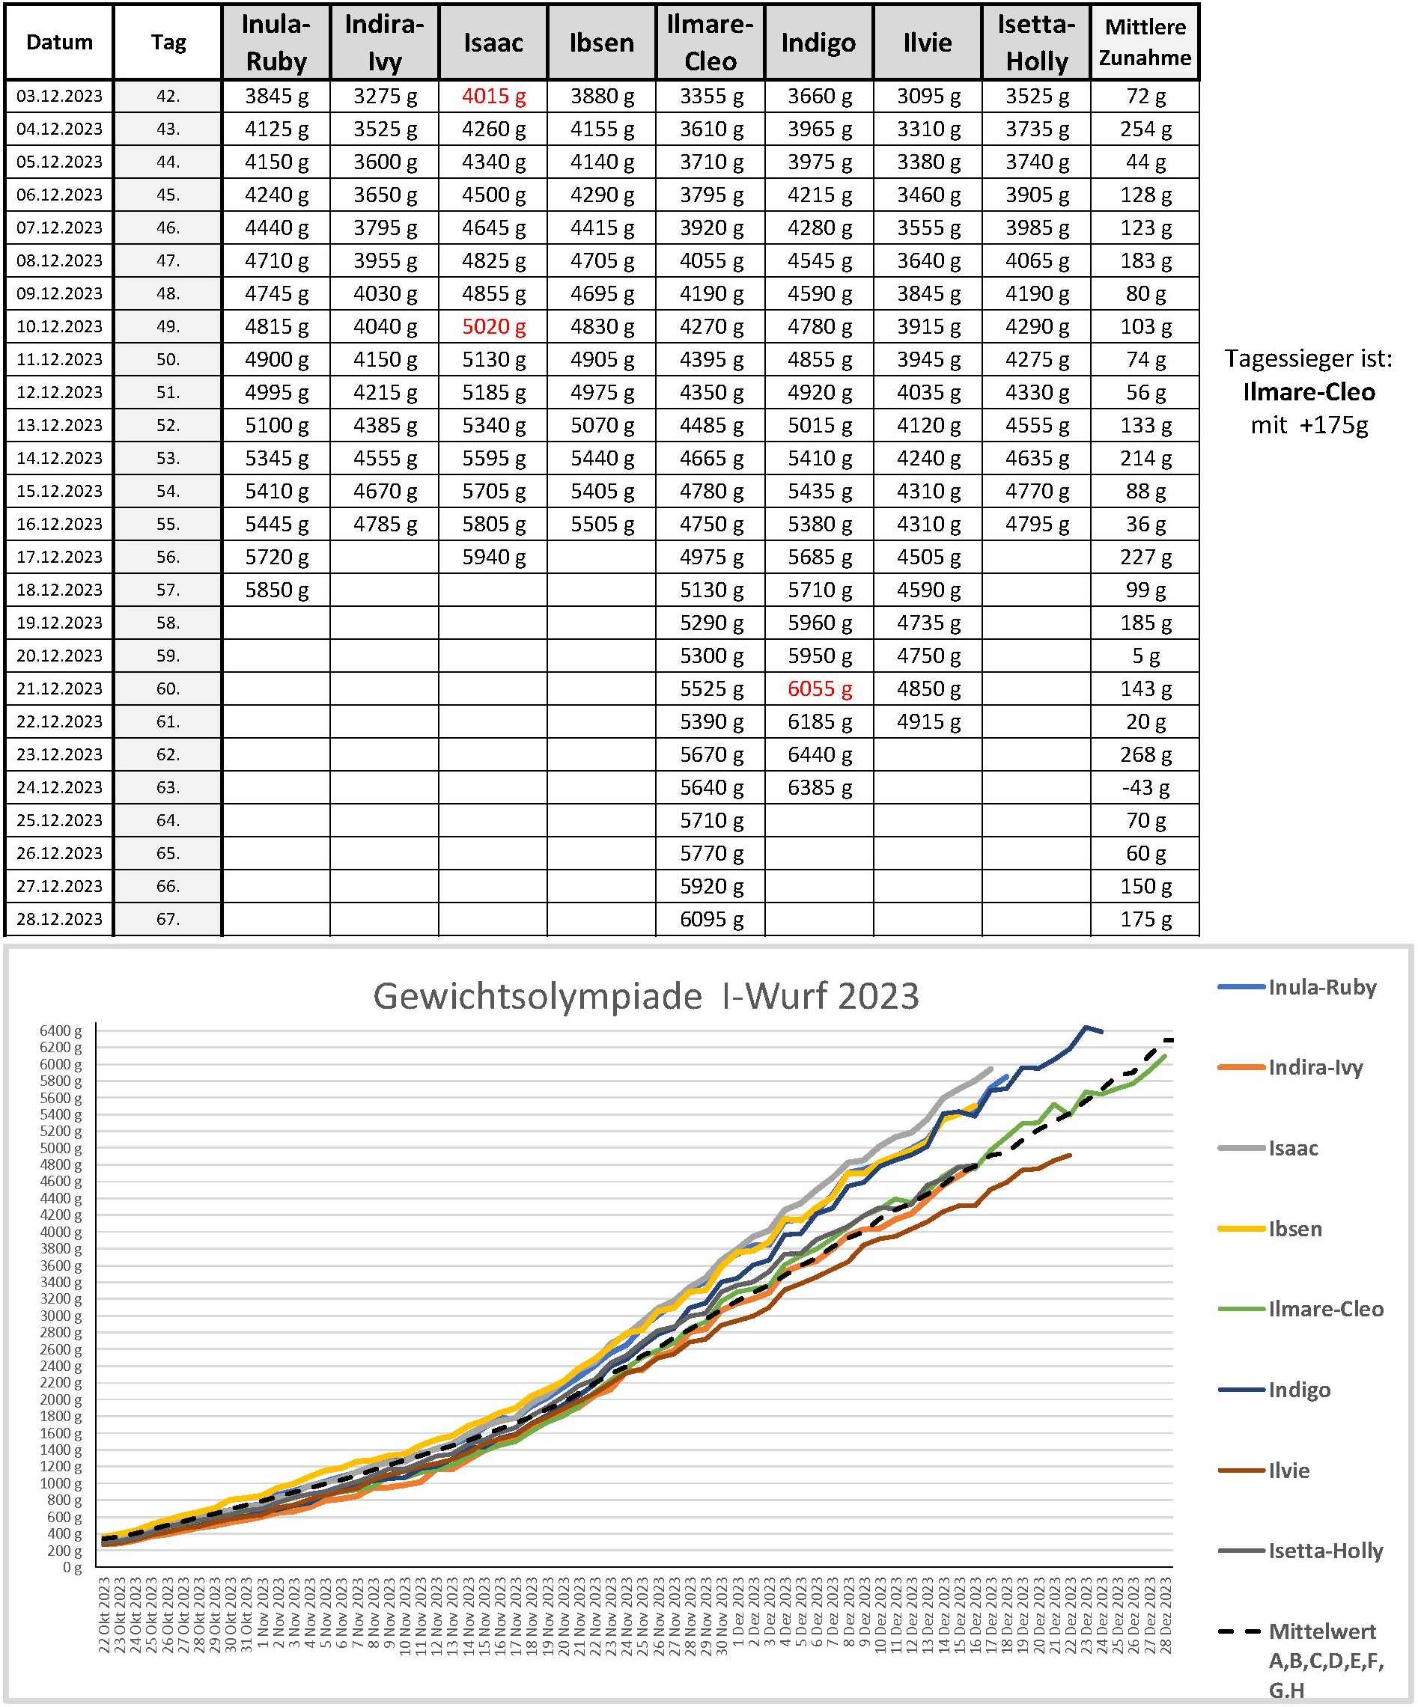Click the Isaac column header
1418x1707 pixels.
pos(493,42)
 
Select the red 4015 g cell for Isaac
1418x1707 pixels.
pos(493,96)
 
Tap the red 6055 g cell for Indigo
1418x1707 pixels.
pos(819,688)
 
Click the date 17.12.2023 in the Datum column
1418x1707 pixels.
pos(59,557)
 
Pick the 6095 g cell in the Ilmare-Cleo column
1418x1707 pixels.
pos(710,918)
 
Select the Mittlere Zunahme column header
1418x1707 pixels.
pos(1145,42)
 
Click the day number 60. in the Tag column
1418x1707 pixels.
pos(168,688)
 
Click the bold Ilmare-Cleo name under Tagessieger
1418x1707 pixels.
pos(1308,392)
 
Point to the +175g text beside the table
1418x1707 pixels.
pos(1333,425)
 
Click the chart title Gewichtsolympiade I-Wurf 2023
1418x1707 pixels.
pos(645,996)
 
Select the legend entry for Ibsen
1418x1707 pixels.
pos(1294,1228)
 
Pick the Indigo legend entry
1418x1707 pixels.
pos(1298,1389)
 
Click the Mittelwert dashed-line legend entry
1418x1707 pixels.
pos(1321,1631)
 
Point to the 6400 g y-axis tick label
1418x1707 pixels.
pos(61,1030)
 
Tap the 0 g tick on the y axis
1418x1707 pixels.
pos(73,1567)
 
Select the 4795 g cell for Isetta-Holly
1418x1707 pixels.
pos(1036,524)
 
